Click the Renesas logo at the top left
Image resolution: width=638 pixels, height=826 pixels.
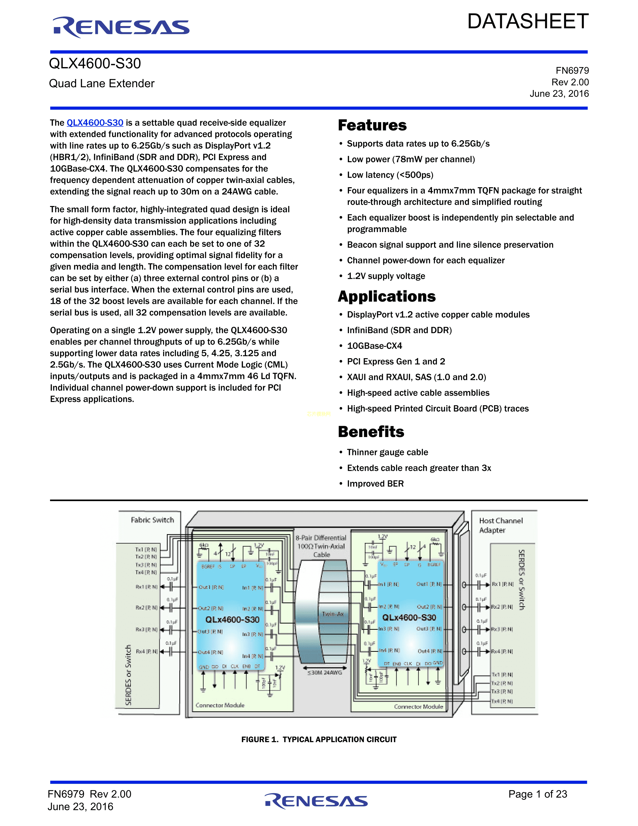click(x=121, y=27)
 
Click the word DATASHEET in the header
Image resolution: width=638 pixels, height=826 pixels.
click(x=528, y=22)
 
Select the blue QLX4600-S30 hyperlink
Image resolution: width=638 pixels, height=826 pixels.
click(x=95, y=123)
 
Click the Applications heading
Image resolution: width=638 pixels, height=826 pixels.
click(x=387, y=297)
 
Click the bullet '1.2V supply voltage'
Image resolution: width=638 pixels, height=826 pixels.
click(x=386, y=276)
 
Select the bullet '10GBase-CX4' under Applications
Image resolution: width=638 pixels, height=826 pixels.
click(x=375, y=346)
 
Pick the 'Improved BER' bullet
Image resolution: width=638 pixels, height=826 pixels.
click(x=375, y=484)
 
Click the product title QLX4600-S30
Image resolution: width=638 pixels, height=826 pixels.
click(x=95, y=64)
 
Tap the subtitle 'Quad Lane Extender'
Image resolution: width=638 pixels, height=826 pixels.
click(x=102, y=84)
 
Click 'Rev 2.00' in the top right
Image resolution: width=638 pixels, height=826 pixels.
click(x=570, y=82)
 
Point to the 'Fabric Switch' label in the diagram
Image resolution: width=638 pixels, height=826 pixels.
click(x=152, y=520)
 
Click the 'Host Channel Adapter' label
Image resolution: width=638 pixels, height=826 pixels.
click(x=500, y=525)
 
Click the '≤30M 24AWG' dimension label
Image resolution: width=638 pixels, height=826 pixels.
click(x=325, y=673)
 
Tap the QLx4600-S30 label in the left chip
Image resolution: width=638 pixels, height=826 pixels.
click(x=232, y=619)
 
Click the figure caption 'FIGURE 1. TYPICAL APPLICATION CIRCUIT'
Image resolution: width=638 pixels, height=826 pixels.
click(x=318, y=739)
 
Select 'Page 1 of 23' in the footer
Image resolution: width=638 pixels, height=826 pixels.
click(x=537, y=794)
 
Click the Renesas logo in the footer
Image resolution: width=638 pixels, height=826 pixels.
click(x=316, y=801)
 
